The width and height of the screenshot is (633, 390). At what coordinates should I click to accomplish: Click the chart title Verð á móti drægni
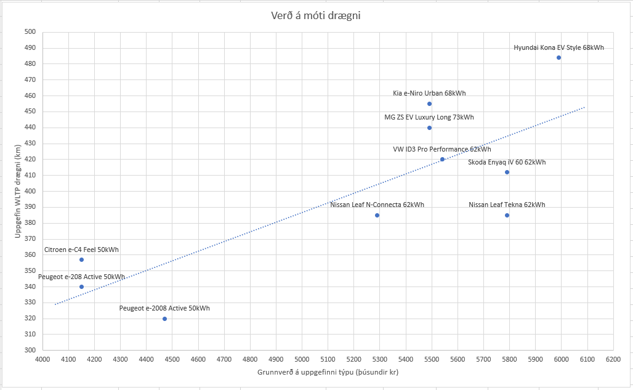point(316,15)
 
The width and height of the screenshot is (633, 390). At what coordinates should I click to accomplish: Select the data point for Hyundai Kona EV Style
point(558,57)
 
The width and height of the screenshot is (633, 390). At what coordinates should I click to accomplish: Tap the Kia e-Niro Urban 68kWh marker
point(429,104)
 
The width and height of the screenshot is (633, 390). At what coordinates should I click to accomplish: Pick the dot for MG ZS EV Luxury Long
point(429,128)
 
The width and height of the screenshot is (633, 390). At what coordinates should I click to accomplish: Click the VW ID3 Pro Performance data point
point(442,159)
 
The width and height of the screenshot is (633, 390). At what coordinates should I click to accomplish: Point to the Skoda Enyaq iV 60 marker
point(507,172)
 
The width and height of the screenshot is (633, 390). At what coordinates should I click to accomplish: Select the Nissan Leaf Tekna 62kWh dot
point(507,215)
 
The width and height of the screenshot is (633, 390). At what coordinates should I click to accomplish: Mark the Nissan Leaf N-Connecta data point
point(377,215)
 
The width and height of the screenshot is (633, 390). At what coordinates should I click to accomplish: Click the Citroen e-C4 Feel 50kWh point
point(81,259)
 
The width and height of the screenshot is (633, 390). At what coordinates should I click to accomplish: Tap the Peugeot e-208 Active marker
point(81,286)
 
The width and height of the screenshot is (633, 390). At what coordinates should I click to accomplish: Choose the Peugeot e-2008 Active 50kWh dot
point(164,319)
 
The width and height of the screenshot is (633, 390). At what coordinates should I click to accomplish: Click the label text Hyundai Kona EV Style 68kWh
point(558,47)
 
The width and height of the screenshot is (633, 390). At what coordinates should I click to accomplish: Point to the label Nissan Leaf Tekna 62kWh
point(507,205)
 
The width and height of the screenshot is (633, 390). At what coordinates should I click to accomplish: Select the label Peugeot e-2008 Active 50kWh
point(164,308)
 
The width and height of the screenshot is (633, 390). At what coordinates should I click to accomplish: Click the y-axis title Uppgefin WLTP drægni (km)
point(18,191)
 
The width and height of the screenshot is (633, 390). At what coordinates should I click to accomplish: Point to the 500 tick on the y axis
point(30,32)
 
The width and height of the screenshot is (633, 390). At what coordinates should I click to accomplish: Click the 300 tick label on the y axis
point(30,350)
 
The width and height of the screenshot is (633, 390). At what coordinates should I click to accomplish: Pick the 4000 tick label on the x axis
point(42,359)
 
